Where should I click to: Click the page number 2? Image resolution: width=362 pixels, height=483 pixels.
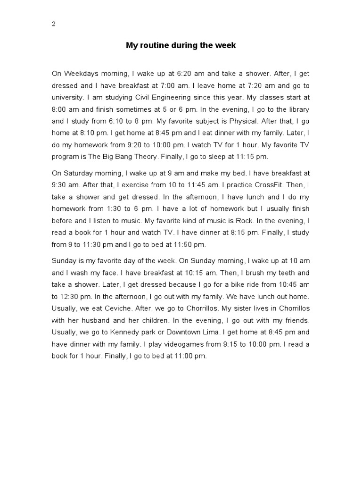54,25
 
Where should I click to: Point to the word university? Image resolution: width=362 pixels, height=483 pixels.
67,97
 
